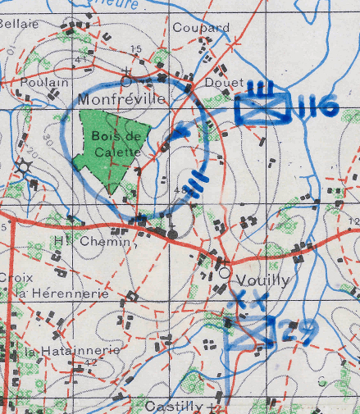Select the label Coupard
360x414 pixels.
pyautogui.click(x=200, y=28)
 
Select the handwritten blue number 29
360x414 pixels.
pyautogui.click(x=296, y=331)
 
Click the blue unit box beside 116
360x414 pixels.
pyautogui.click(x=262, y=108)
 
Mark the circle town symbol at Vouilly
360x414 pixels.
pyautogui.click(x=224, y=272)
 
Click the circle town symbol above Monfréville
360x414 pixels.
pyautogui.click(x=126, y=81)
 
